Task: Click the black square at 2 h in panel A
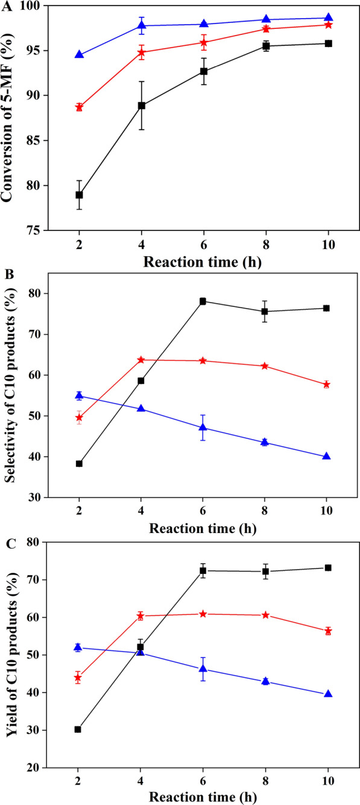[79, 195]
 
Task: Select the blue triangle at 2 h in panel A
[79, 54]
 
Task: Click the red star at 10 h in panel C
[327, 631]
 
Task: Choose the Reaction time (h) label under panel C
[203, 795]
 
